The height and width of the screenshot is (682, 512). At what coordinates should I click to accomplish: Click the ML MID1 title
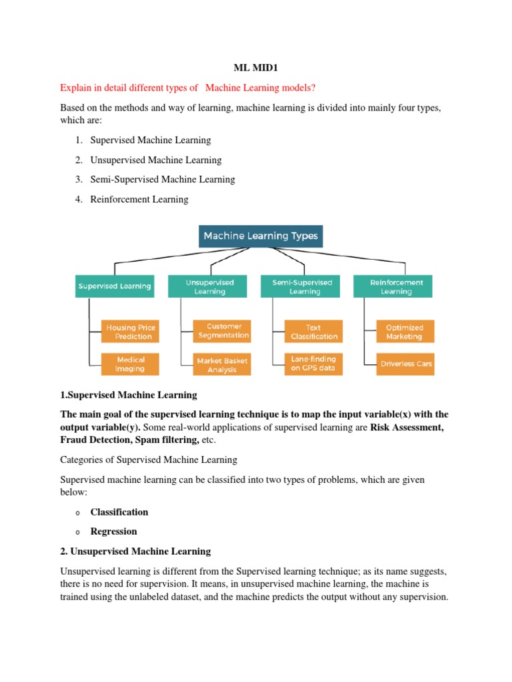click(x=255, y=69)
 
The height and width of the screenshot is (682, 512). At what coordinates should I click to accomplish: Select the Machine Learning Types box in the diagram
click(x=261, y=236)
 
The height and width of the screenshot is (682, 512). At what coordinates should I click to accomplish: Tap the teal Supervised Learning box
click(x=115, y=286)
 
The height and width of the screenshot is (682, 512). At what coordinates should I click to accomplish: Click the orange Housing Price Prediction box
click(x=130, y=332)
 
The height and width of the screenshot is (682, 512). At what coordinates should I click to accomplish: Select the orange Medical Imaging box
click(x=130, y=364)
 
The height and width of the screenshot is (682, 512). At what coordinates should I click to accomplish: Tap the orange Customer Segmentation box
click(x=223, y=331)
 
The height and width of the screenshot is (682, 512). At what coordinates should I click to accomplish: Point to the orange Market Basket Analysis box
click(x=223, y=364)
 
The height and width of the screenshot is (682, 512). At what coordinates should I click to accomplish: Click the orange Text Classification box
click(x=314, y=332)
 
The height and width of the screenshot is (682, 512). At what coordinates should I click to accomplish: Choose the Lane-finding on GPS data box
click(x=314, y=364)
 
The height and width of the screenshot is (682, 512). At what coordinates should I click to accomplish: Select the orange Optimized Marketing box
click(x=405, y=332)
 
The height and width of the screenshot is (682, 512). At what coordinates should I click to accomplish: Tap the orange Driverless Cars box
click(x=405, y=364)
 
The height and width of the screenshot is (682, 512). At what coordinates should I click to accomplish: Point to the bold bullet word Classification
click(x=119, y=512)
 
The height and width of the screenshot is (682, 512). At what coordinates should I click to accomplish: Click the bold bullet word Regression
click(x=114, y=531)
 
